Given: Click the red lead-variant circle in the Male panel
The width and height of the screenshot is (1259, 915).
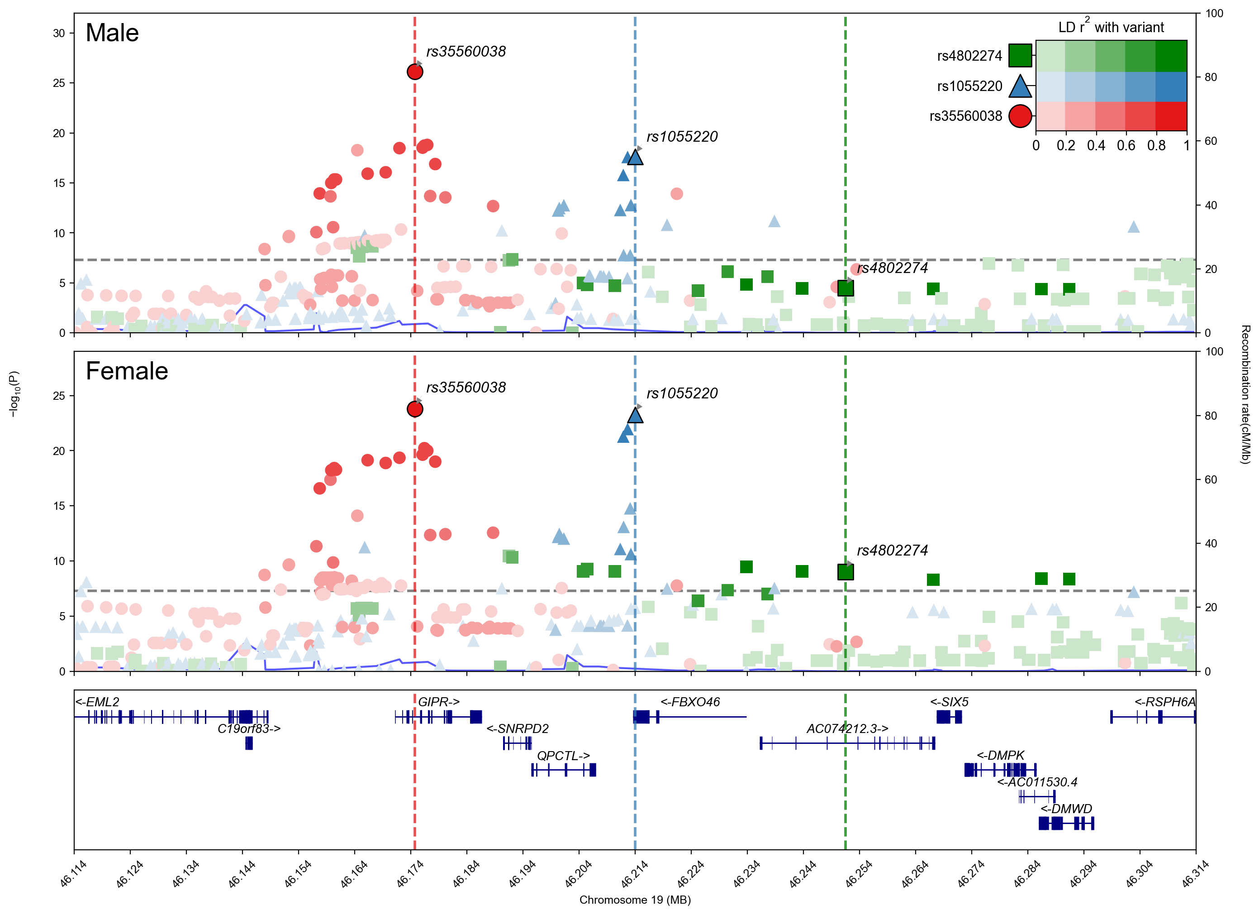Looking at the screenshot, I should tap(415, 72).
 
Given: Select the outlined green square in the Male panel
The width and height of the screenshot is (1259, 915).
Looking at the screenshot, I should tap(846, 288).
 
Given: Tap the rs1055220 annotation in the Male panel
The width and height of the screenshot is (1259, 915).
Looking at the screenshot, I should tap(682, 137).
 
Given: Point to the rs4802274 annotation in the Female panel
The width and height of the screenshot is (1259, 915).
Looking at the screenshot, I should tap(892, 551).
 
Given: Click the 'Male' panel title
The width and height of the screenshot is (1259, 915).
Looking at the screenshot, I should tap(112, 33).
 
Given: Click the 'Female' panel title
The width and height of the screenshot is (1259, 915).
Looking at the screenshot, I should tap(127, 371).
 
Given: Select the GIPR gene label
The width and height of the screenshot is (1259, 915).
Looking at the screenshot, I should tap(438, 702).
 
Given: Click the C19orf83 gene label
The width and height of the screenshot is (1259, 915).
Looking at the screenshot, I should tap(249, 729).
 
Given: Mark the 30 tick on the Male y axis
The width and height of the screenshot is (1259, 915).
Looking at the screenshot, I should tap(59, 34).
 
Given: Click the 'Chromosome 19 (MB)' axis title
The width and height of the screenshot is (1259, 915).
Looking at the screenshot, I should tap(635, 900).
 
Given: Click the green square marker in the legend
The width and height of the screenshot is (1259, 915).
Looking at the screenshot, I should tap(1020, 56).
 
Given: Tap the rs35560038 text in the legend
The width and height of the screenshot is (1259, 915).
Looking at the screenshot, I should tap(965, 116).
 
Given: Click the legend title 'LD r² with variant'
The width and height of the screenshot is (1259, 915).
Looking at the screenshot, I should tap(1111, 27).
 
